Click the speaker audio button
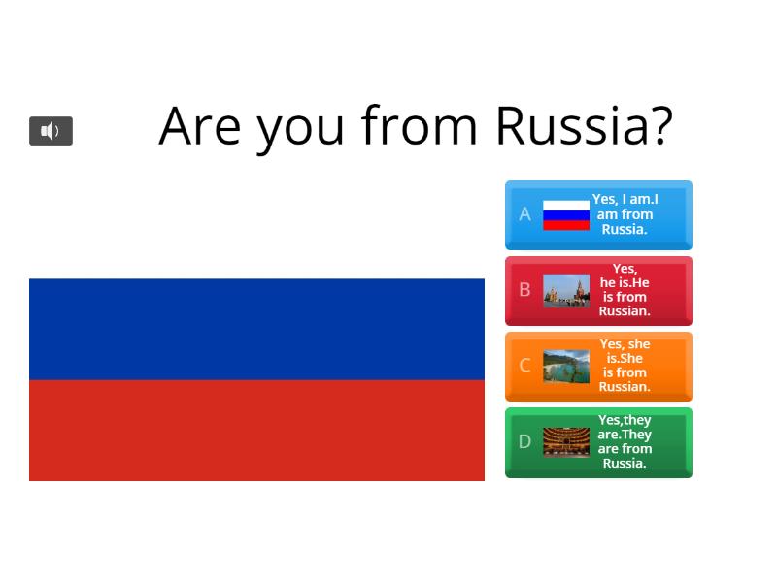point(51,131)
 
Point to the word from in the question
point(420,125)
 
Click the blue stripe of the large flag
point(256,329)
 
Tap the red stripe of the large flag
point(256,430)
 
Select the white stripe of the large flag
point(256,229)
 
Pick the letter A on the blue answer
point(524,214)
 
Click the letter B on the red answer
point(524,290)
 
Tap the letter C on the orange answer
point(524,366)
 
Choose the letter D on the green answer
point(524,441)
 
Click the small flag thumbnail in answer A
point(566,214)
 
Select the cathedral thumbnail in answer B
point(566,290)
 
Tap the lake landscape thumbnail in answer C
point(566,366)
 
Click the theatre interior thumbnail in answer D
point(566,441)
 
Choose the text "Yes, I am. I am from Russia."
point(625,214)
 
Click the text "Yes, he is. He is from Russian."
point(625,290)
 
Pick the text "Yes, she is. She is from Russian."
point(625,366)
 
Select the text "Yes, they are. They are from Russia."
point(625,441)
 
